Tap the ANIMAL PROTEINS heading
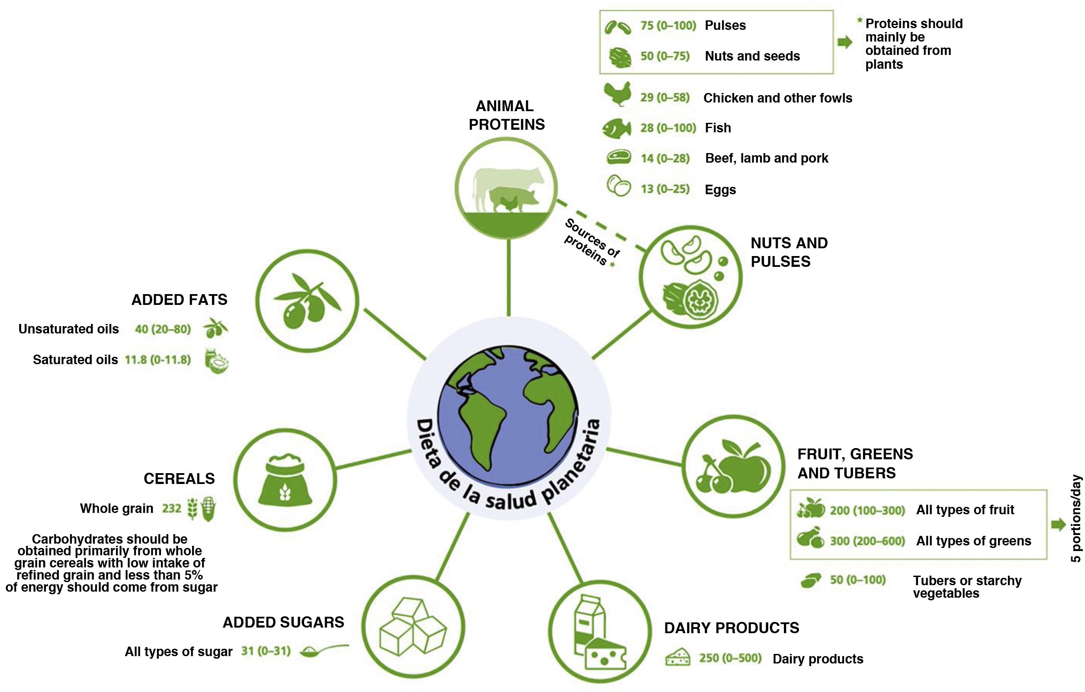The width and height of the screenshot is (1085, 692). coord(507,115)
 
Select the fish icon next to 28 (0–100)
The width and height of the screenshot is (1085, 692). coord(616,128)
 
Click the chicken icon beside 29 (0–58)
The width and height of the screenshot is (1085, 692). coord(617,94)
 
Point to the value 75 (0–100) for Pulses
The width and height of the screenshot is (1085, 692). coord(668,26)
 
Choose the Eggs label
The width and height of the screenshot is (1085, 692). coord(720,190)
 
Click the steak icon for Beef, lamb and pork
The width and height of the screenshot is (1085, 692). coord(619,157)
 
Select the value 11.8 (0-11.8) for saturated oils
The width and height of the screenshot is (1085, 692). coord(158,359)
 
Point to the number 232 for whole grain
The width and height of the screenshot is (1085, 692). coord(171,509)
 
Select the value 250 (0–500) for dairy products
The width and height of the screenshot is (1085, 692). coord(730,658)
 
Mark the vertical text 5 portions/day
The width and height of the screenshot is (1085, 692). coord(1076,519)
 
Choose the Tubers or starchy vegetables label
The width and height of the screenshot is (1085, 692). coord(967,586)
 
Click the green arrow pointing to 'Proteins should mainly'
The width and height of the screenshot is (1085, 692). coord(845,42)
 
